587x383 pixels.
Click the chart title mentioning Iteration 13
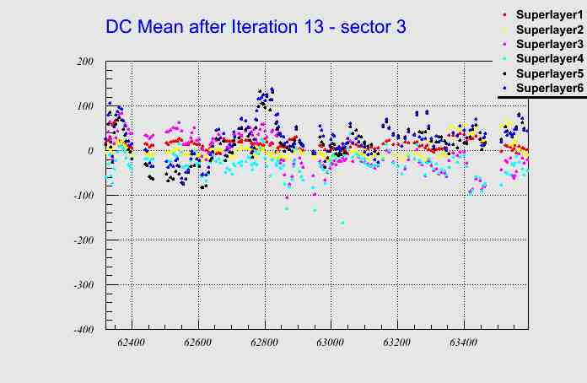[x=256, y=27]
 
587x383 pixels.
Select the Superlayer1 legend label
[x=549, y=15]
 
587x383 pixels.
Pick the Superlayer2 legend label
[x=549, y=30]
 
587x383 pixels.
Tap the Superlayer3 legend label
[x=549, y=44]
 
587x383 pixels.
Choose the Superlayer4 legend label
[x=549, y=58]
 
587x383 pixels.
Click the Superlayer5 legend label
[x=549, y=73]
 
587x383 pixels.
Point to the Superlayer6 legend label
[x=549, y=88]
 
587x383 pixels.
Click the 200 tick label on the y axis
[x=84, y=62]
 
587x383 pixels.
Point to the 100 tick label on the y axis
[x=84, y=106]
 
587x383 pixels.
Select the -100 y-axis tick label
[x=83, y=196]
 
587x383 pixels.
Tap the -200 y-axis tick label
[x=83, y=240]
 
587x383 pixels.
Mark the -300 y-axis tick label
[x=83, y=285]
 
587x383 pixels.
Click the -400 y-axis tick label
[x=83, y=330]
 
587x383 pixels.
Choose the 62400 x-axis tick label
[x=132, y=343]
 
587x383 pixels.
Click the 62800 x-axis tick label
[x=264, y=343]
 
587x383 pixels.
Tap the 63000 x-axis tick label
[x=331, y=343]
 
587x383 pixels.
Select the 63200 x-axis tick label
[x=396, y=343]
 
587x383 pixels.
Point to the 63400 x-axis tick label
[x=463, y=343]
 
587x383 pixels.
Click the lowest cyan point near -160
[x=342, y=223]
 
